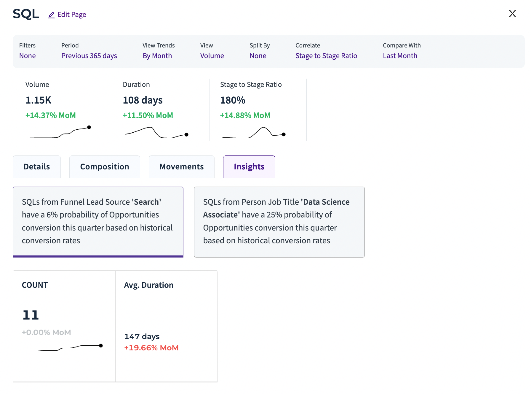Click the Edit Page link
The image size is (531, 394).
point(67,15)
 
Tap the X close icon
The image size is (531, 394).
point(512,14)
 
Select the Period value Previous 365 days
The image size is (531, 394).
point(89,56)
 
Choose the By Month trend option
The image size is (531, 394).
point(157,56)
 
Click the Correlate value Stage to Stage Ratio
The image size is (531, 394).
point(326,56)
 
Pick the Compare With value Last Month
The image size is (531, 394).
point(400,56)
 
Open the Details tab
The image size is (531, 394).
point(37,167)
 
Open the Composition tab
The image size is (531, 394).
point(105,167)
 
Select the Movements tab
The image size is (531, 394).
point(181,167)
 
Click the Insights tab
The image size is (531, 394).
point(249,167)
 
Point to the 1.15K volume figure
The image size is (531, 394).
point(38,100)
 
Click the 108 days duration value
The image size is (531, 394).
point(143,100)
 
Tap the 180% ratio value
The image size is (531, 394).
point(233,100)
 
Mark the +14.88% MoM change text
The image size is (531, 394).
point(245,115)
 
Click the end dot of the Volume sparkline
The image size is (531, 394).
point(89,127)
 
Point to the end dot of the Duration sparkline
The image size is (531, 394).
point(186,135)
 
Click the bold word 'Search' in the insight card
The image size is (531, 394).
point(146,202)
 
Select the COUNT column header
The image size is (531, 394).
point(35,285)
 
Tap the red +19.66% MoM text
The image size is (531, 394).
point(151,348)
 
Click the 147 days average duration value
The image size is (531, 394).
point(142,336)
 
